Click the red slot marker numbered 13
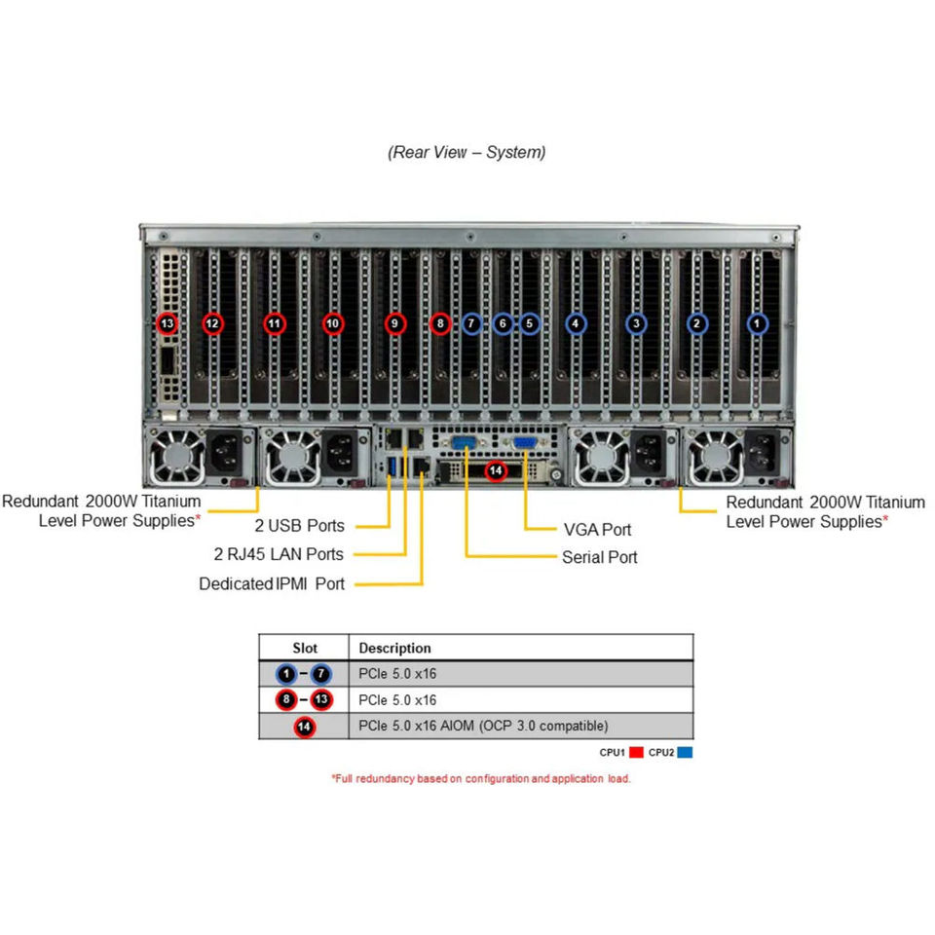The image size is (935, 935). (x=168, y=323)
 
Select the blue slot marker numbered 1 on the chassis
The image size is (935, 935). (x=758, y=323)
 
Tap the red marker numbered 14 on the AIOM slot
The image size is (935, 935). (x=496, y=471)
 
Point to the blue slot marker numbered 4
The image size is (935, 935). (x=576, y=323)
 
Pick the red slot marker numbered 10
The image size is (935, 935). (x=333, y=323)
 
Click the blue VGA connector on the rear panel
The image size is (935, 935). (x=525, y=443)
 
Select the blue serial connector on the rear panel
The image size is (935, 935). (x=464, y=443)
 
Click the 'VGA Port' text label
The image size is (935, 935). (x=597, y=530)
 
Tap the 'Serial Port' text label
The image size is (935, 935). (x=599, y=557)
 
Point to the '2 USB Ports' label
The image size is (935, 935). (x=299, y=525)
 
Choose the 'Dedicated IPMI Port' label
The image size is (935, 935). (x=272, y=583)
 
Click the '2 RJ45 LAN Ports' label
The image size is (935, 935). (x=279, y=554)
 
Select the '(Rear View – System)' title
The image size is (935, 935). (x=467, y=152)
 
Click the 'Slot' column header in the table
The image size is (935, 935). (x=305, y=649)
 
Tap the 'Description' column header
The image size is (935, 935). (x=394, y=649)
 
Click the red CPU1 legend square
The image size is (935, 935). (x=636, y=752)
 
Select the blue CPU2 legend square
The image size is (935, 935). (x=685, y=752)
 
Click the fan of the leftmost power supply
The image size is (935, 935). (x=176, y=456)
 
